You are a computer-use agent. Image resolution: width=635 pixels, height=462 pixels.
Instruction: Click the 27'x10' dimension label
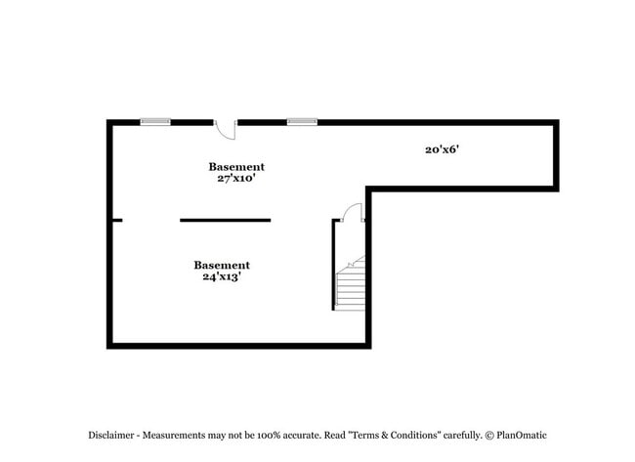236,178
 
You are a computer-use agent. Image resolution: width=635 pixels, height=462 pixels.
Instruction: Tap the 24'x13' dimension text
222,276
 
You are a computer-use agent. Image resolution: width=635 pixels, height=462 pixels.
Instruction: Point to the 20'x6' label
442,149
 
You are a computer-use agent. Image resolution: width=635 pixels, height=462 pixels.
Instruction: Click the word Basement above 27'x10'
236,167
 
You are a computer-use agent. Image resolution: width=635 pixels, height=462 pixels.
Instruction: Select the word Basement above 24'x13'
222,266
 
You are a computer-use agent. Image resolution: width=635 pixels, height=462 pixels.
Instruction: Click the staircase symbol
351,283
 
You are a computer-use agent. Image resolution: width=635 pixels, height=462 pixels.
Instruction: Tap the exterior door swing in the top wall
226,130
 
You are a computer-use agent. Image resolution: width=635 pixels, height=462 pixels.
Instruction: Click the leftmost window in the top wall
155,122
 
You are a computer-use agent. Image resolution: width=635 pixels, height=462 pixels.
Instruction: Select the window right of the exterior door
302,122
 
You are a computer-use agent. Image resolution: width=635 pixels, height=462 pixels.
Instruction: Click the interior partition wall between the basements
225,221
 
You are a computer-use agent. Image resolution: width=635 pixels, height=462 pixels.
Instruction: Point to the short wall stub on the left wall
117,221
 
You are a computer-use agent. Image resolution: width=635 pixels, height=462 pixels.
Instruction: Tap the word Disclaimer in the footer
111,436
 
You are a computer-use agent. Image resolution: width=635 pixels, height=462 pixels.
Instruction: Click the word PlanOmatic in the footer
522,436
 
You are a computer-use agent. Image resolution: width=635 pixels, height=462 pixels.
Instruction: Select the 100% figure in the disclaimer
269,436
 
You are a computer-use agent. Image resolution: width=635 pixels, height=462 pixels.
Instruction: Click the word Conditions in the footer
415,436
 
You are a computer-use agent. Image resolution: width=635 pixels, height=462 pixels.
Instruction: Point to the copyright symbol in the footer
489,436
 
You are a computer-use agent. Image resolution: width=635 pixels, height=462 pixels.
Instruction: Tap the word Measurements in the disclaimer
174,436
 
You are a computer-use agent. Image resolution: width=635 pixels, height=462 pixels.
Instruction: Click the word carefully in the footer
462,436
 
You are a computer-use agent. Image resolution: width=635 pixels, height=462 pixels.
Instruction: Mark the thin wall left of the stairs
333,265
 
